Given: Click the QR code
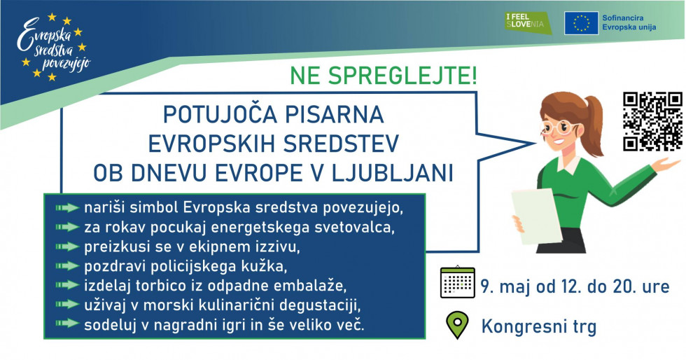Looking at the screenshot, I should [652, 121].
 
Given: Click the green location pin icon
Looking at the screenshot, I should [457, 325].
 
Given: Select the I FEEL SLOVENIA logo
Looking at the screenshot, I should [528, 22].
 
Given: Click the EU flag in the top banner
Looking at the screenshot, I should [581, 23].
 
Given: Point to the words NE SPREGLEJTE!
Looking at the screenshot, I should [381, 76].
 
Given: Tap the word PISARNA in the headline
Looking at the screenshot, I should [340, 113].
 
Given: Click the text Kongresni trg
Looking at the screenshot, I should [539, 326].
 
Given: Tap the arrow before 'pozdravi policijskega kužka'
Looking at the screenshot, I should [67, 266].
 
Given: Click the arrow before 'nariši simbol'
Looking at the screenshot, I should [67, 208].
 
